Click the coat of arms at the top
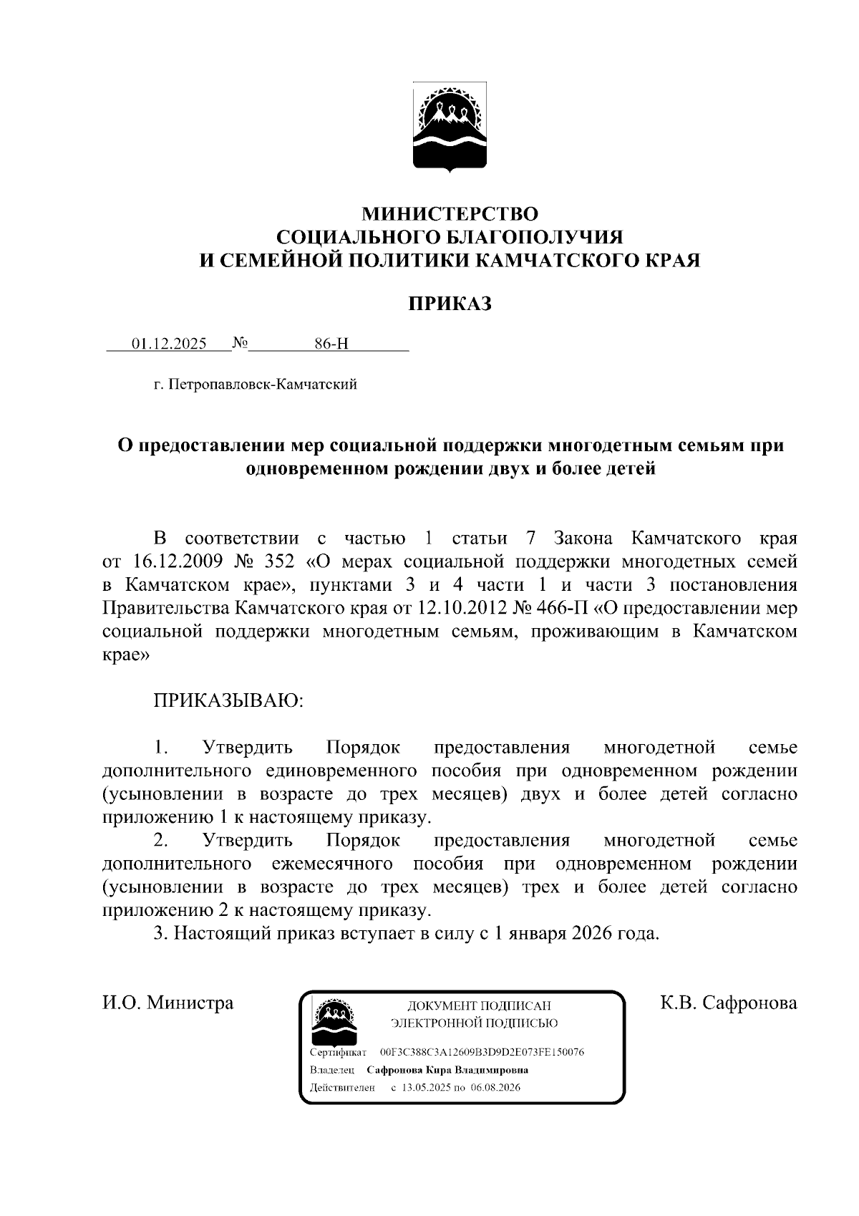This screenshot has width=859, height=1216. (450, 127)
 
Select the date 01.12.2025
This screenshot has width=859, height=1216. (169, 344)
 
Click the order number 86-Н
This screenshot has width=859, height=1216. (331, 344)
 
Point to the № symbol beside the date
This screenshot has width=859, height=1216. (240, 343)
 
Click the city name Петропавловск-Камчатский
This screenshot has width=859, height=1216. (262, 385)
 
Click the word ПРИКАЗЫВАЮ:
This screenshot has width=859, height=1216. (228, 700)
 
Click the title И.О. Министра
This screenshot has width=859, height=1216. (168, 1003)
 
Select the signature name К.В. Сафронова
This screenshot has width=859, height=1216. (728, 1003)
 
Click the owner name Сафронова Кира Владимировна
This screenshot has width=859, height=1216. (447, 1070)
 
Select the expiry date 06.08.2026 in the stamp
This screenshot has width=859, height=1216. (495, 1087)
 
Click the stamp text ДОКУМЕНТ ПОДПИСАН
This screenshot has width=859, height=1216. (479, 1005)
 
